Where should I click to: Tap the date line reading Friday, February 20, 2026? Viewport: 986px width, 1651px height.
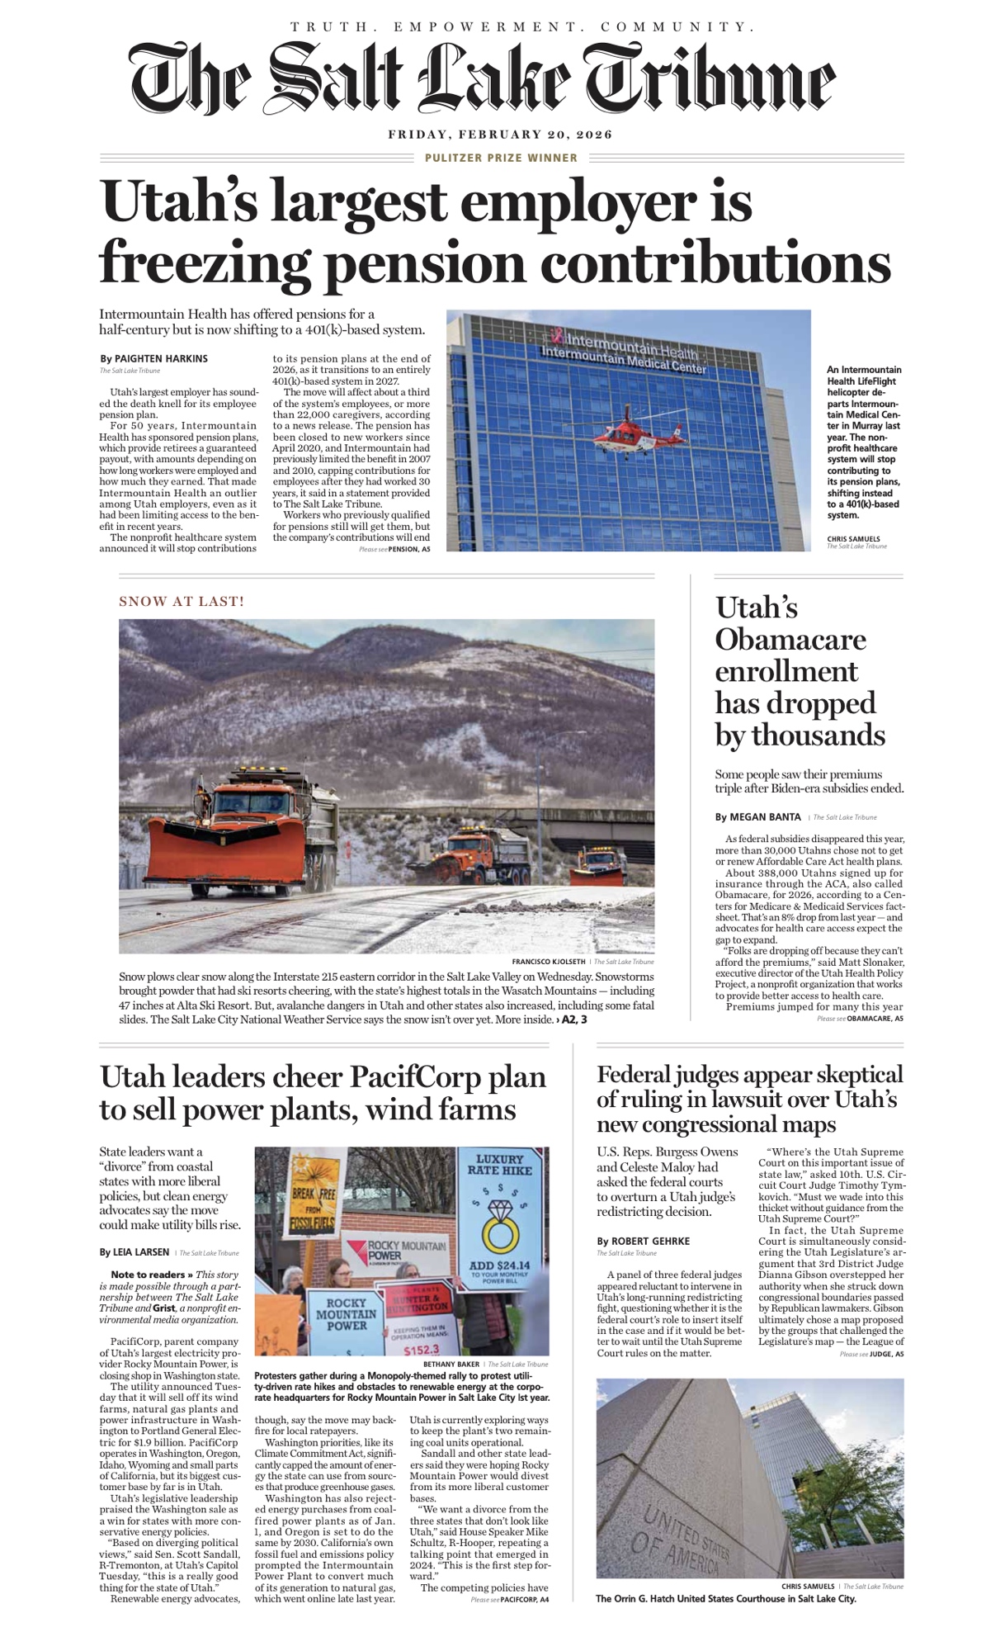500,135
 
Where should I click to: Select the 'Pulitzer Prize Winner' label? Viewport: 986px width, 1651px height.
501,158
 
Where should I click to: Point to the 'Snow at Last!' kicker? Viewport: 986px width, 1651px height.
182,601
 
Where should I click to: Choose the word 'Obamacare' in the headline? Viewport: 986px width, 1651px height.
790,640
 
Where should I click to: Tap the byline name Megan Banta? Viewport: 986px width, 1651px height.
766,817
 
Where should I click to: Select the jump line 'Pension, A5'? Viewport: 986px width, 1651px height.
408,549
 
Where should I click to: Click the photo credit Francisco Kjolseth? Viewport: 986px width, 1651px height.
548,962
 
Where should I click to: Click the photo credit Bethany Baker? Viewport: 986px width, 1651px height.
451,1365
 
